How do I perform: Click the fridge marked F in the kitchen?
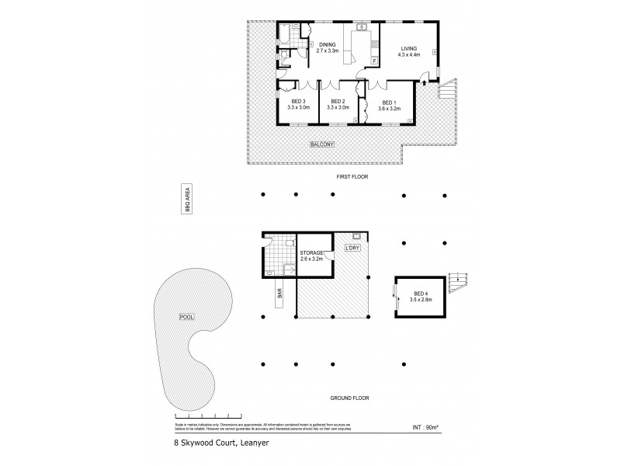[375, 60]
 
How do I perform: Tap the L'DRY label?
[352, 249]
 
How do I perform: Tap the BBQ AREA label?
[186, 200]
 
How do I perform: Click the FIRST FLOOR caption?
[353, 177]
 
